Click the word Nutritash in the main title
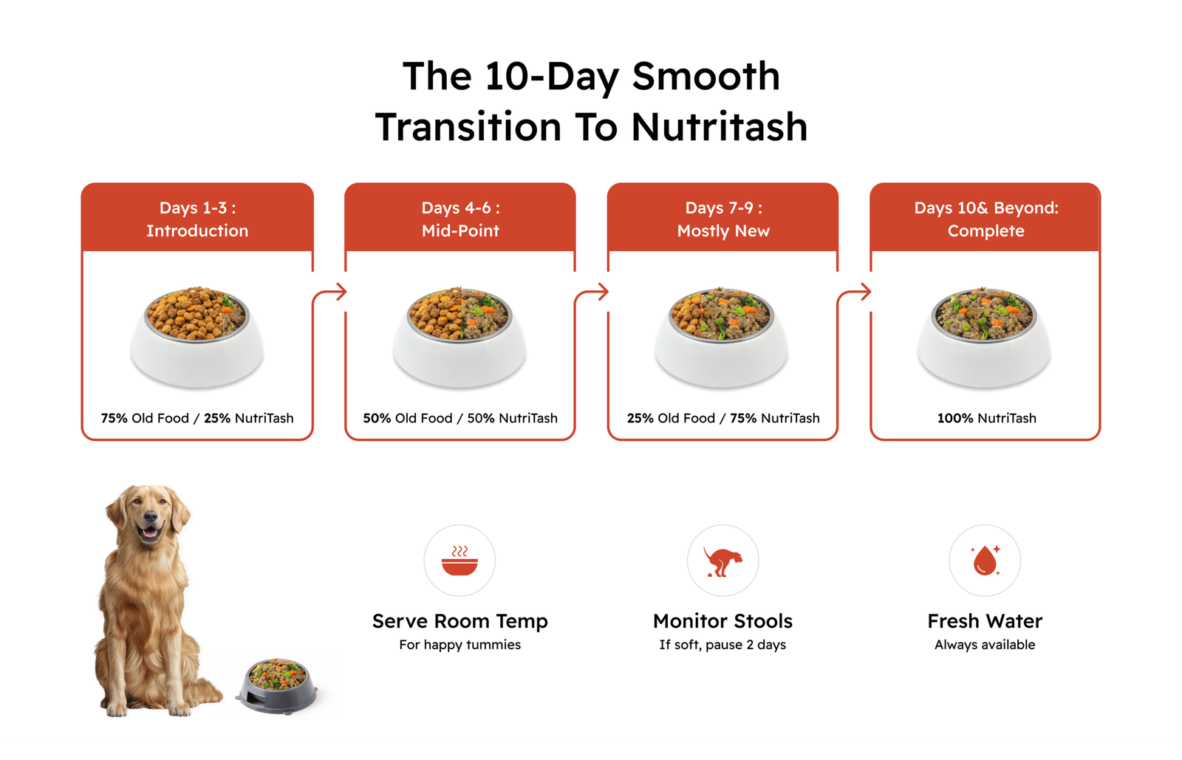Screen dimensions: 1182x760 (x=720, y=127)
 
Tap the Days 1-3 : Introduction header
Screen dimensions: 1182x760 (x=197, y=219)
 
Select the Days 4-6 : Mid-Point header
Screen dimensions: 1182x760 (x=460, y=219)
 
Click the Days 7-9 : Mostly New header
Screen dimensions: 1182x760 (x=723, y=219)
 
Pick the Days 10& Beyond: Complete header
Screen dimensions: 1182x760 (x=985, y=219)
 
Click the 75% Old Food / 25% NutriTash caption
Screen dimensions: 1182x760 (x=197, y=418)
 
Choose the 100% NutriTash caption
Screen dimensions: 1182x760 (x=987, y=418)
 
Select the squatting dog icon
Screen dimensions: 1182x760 (x=722, y=562)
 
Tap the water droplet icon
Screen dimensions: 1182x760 (x=985, y=560)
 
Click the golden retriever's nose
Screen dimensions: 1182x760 (x=151, y=518)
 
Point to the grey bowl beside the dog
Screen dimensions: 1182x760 (x=277, y=685)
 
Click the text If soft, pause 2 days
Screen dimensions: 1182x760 (x=722, y=645)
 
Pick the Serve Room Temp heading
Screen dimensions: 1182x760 (x=460, y=621)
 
